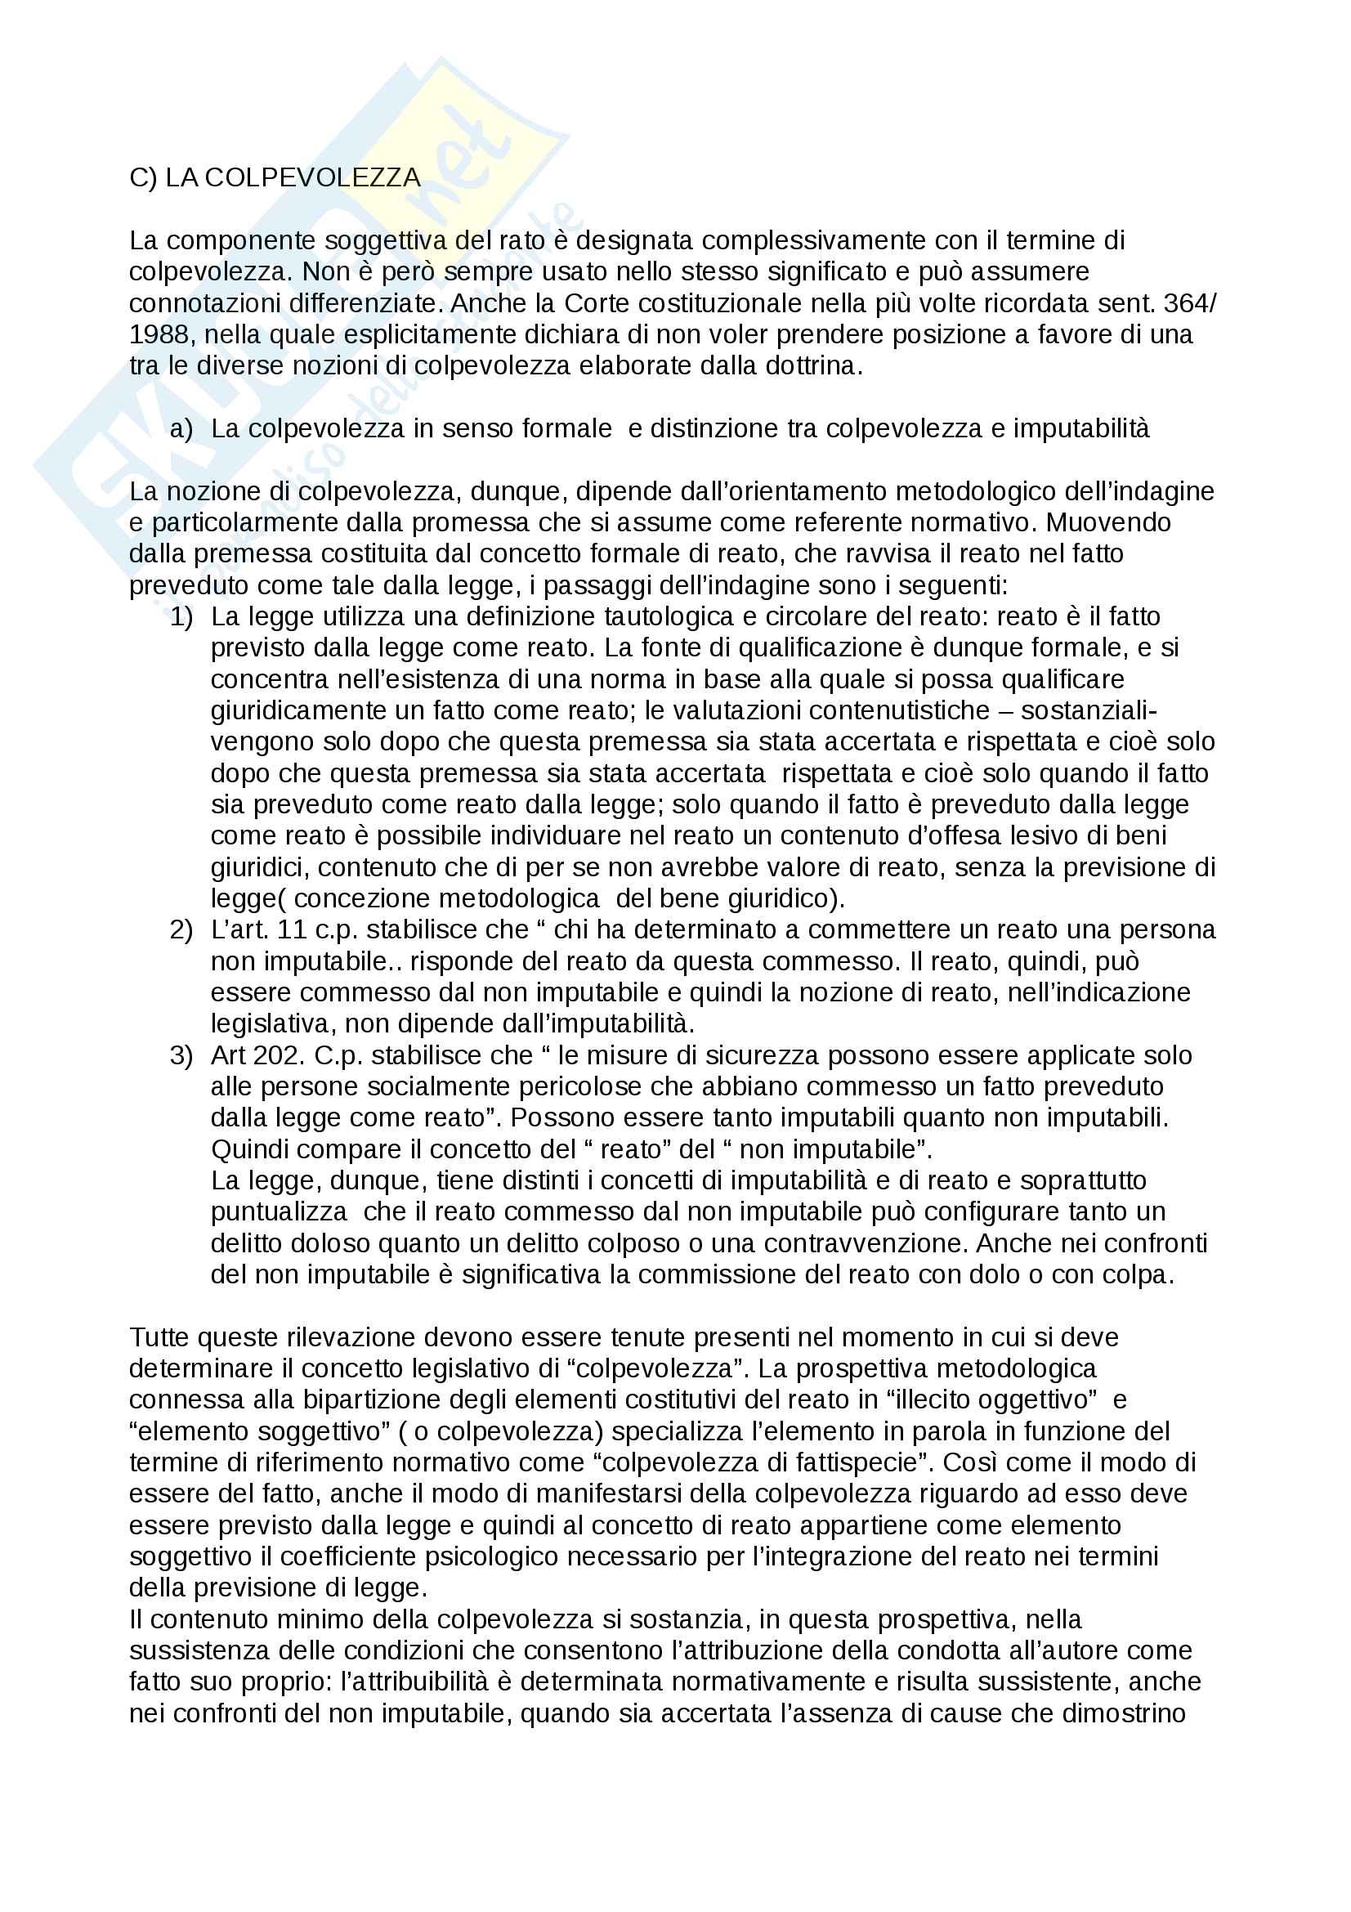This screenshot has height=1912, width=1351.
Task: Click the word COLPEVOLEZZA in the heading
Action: (x=312, y=177)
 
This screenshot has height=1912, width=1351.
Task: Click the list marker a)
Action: (x=181, y=429)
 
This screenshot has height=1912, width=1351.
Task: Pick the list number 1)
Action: (x=181, y=617)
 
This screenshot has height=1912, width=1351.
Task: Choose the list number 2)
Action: (x=181, y=930)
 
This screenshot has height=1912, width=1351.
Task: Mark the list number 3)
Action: (x=181, y=1056)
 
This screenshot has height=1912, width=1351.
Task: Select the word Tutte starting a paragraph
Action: (x=160, y=1337)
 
